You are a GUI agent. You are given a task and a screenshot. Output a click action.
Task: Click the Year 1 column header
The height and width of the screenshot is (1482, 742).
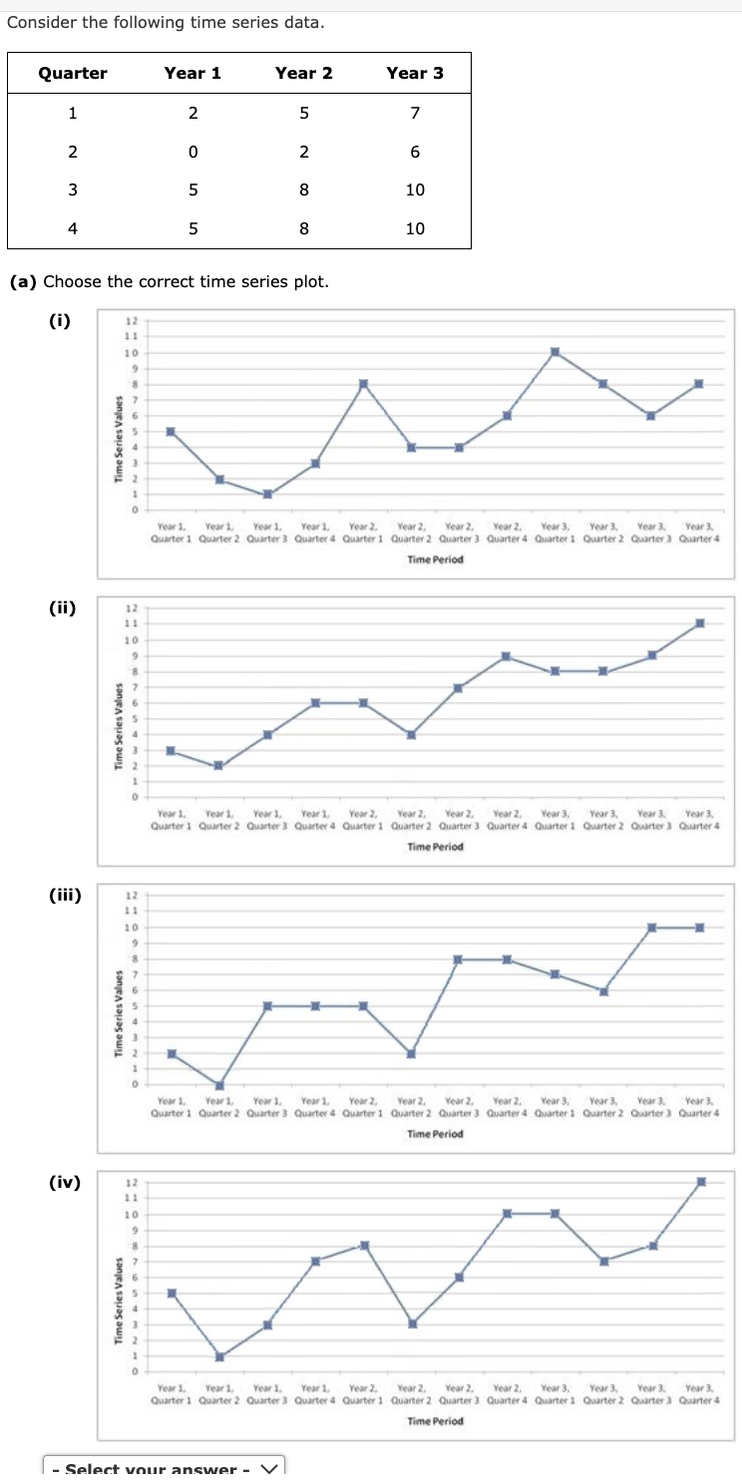pos(192,73)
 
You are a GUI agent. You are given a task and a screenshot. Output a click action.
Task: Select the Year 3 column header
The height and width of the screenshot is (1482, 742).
pos(415,73)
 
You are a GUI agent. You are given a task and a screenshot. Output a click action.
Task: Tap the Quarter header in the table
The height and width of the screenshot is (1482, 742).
pos(73,73)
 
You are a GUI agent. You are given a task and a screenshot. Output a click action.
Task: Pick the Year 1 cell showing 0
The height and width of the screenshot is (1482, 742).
pos(192,152)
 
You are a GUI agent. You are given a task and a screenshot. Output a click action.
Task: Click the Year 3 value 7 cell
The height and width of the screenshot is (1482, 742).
pos(415,113)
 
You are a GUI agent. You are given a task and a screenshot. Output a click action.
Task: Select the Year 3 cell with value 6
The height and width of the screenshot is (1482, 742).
pos(415,152)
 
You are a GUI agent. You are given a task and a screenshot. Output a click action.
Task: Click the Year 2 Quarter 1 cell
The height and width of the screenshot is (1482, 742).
pos(304,113)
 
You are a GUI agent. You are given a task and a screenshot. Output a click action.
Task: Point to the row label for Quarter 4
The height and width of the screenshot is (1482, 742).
pos(72,228)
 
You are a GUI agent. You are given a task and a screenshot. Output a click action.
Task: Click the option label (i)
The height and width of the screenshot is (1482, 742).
pos(59,320)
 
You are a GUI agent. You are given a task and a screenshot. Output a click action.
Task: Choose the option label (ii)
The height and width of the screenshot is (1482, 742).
pos(62,607)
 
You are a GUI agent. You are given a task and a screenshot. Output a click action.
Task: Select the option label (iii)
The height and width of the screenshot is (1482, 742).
pos(65,895)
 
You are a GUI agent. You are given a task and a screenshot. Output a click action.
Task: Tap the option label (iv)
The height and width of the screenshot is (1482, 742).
pos(64,1182)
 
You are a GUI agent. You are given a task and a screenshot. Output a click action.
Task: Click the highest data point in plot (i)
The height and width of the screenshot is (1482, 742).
pos(555,352)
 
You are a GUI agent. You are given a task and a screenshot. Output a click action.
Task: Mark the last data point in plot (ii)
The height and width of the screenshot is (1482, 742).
pos(700,623)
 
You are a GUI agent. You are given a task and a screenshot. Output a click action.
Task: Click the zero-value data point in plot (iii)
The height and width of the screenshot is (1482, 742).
pos(219,1085)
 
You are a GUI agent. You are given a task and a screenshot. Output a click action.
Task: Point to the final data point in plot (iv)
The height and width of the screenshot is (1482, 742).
pos(700,1182)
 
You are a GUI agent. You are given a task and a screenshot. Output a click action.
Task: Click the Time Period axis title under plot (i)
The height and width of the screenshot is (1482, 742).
pos(436,559)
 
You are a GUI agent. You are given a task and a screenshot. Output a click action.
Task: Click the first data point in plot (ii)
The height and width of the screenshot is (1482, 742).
pos(171,750)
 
